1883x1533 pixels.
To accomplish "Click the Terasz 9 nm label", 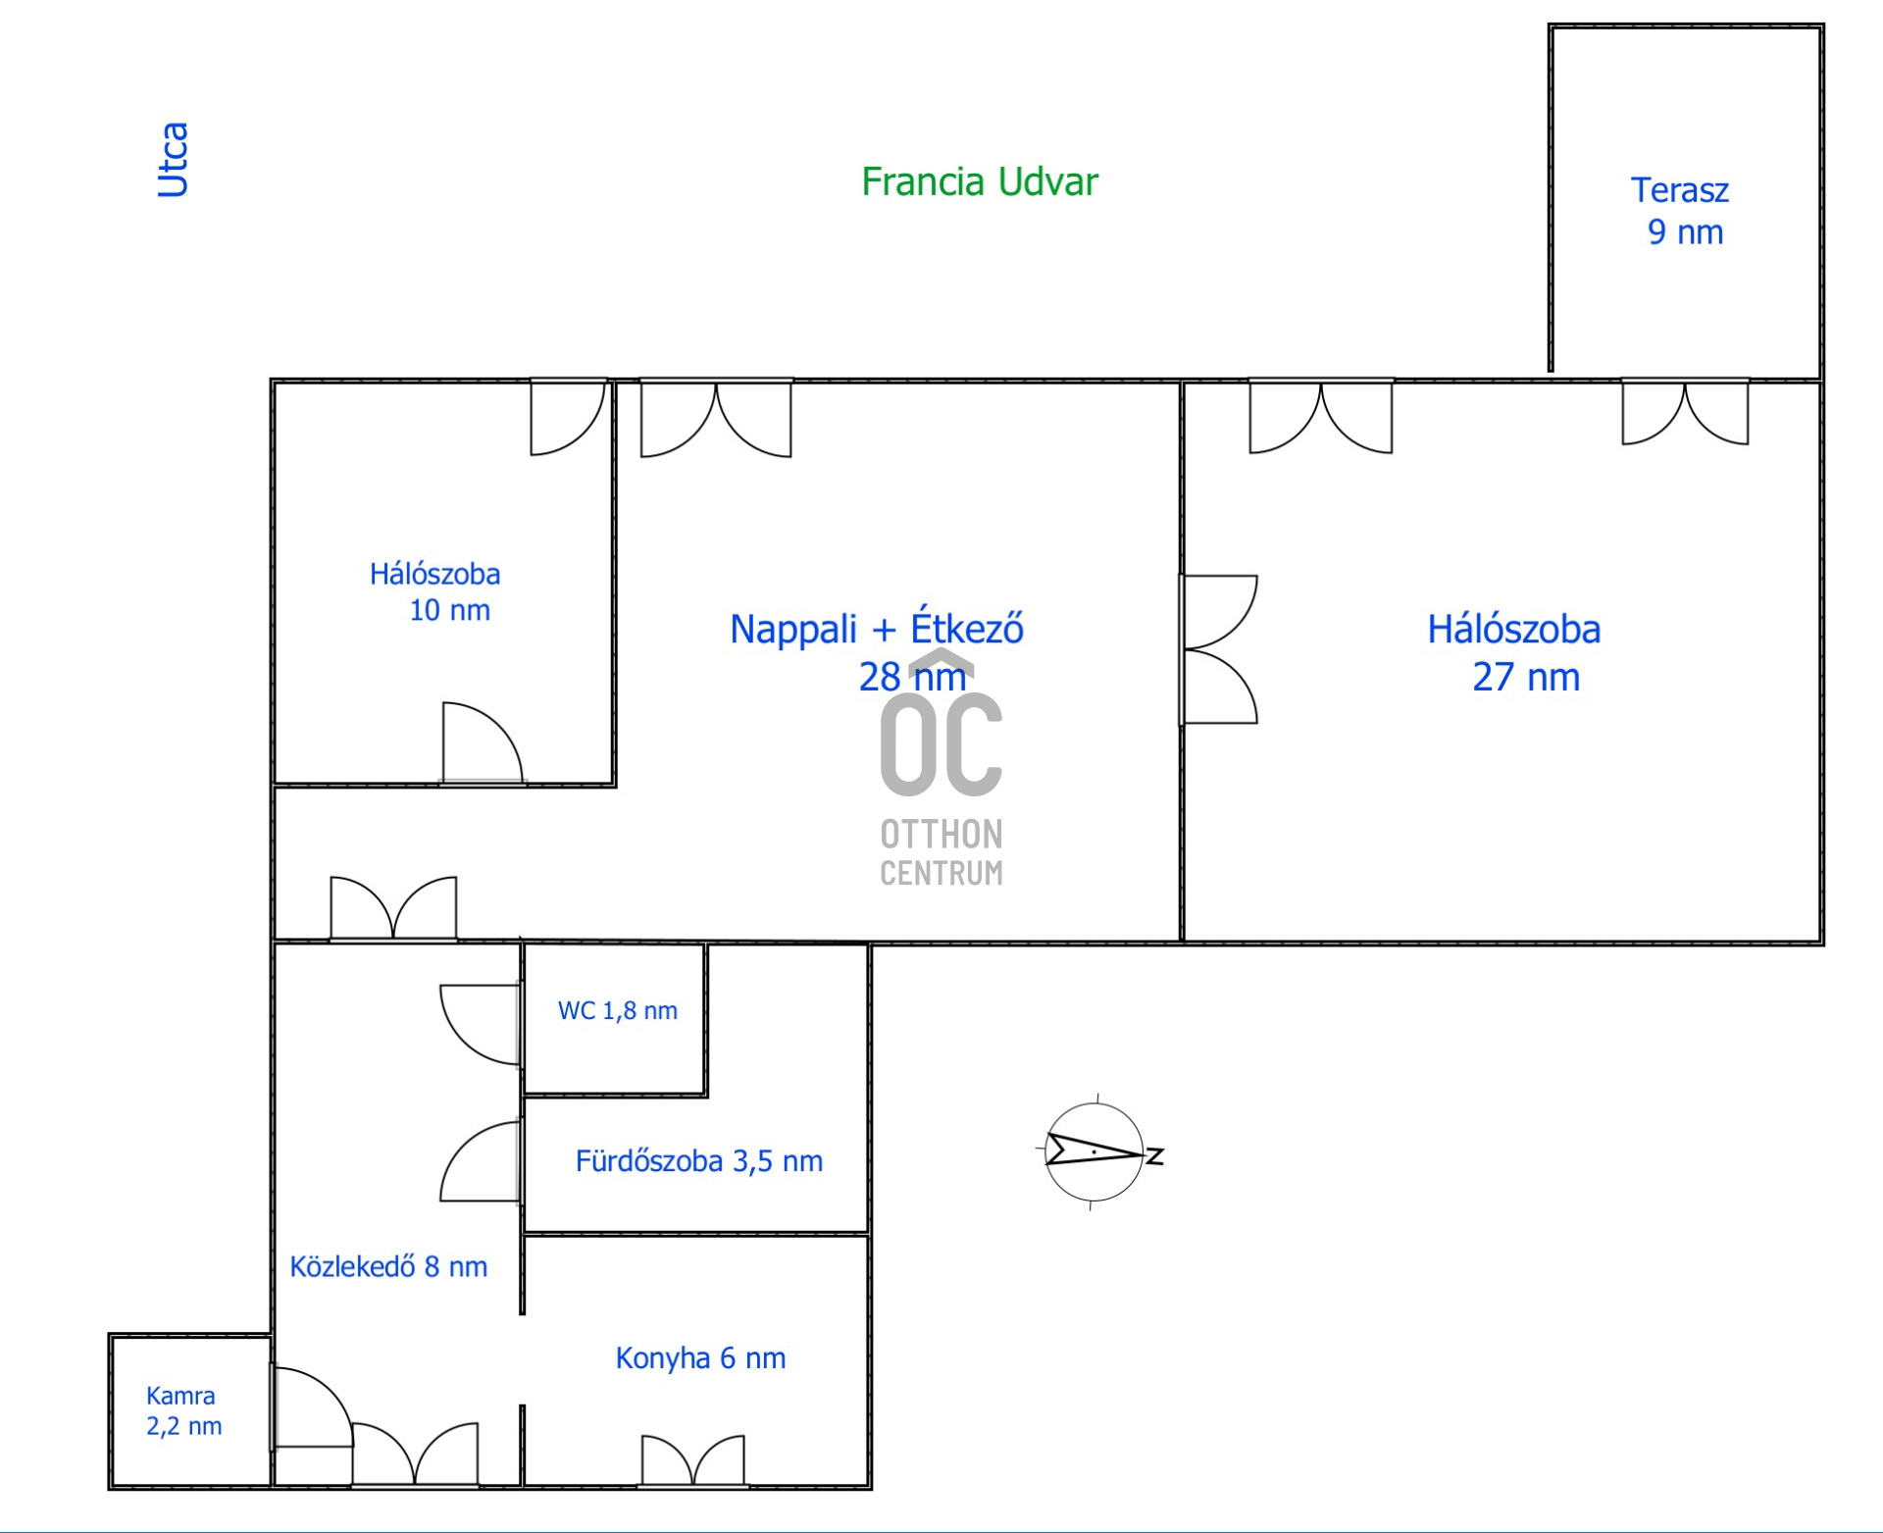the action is coord(1681,211).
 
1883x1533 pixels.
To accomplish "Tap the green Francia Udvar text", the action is coord(980,182).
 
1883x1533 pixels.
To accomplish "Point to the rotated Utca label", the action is coord(173,160).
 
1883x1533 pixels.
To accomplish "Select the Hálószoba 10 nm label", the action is coord(435,591).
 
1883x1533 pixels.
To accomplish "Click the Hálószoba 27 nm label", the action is coord(1514,653).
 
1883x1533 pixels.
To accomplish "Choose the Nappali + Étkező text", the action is coord(877,629).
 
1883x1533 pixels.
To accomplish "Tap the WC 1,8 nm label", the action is coord(618,1011).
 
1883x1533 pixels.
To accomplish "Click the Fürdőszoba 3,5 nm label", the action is coord(699,1161).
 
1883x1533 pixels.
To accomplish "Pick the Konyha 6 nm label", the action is coord(700,1358).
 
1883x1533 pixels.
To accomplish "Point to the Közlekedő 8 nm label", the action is coord(388,1267).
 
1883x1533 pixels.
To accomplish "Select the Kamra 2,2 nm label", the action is coord(183,1411).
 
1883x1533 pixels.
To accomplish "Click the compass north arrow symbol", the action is coord(1094,1152).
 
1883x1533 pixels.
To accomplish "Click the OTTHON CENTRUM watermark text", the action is coord(941,853).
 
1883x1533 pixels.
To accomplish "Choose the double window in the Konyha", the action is coord(693,1460).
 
